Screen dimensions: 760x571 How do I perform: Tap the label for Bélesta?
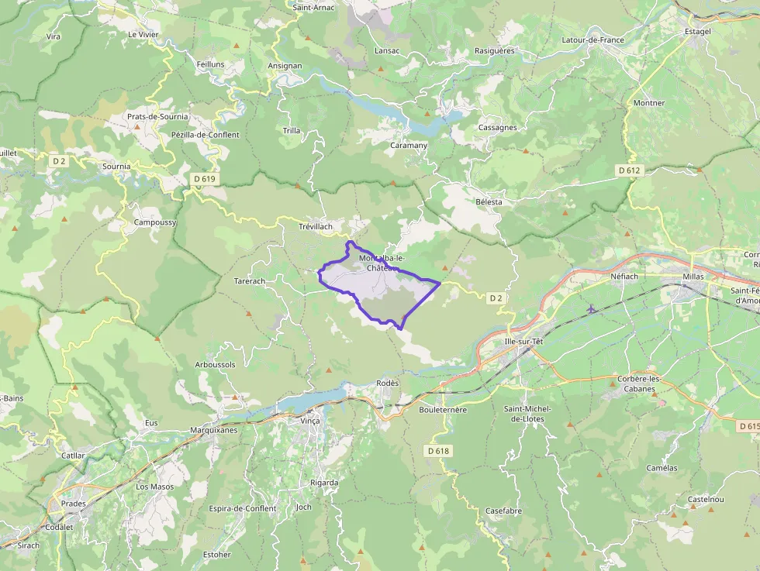tap(489, 202)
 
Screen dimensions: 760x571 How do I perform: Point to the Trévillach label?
tap(316, 226)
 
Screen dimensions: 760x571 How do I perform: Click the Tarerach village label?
tap(250, 280)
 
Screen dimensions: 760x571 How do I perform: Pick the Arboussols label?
tap(216, 364)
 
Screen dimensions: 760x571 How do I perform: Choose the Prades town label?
tap(74, 504)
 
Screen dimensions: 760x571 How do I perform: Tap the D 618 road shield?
tap(438, 451)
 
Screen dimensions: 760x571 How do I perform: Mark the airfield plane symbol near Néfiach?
tap(592, 309)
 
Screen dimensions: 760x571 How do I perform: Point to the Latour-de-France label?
tap(592, 40)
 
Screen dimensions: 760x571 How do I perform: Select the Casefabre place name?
tap(503, 511)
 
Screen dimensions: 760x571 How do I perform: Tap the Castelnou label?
tap(706, 500)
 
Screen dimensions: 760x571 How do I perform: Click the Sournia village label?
tap(116, 166)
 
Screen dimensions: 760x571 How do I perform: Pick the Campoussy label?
tap(155, 222)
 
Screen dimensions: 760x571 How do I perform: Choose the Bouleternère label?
tap(442, 410)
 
